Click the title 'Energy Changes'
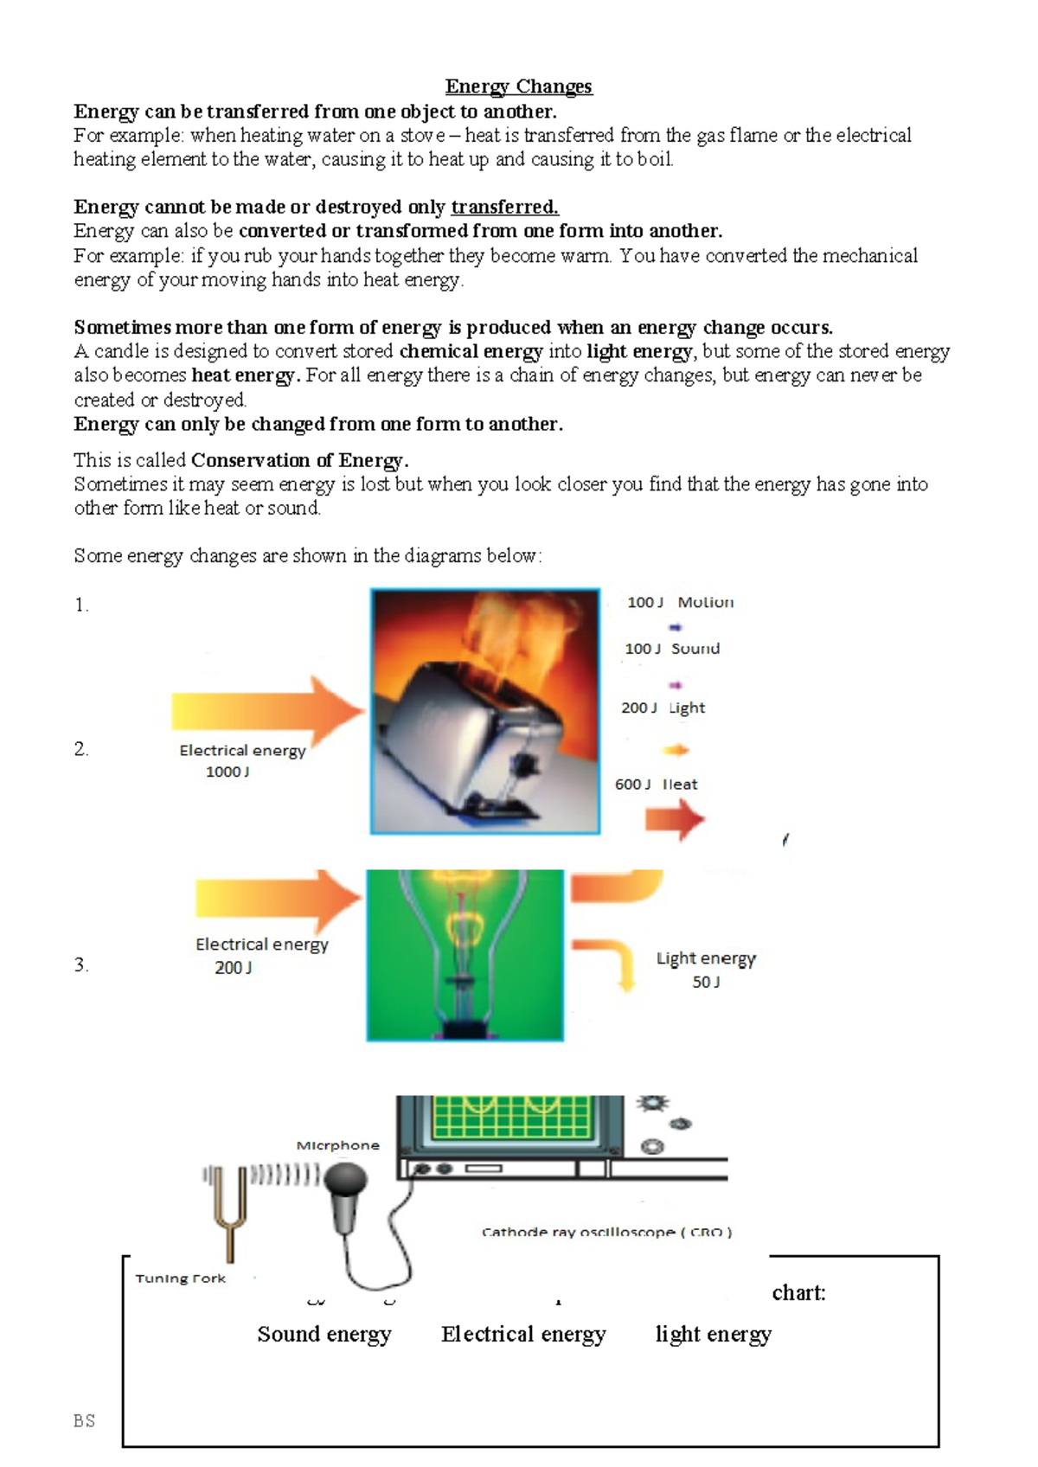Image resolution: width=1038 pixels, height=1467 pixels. click(518, 86)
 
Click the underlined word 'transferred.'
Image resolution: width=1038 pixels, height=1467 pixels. click(504, 208)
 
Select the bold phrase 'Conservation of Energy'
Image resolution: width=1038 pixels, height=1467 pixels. click(297, 460)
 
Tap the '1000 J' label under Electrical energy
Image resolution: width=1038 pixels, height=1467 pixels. click(227, 772)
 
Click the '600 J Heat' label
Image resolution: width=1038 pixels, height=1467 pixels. click(656, 785)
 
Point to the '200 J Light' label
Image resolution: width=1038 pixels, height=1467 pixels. click(663, 708)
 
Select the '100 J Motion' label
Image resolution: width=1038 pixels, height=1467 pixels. click(680, 602)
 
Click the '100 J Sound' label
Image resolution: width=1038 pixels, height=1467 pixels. click(672, 649)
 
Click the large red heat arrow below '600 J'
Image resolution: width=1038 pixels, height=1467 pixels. click(676, 819)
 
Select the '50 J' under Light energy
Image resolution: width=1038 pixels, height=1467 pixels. click(706, 983)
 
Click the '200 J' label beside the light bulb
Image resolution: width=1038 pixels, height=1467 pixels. click(234, 968)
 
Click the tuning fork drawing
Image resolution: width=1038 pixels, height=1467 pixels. click(227, 1211)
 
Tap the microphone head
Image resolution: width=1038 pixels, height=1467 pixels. click(347, 1179)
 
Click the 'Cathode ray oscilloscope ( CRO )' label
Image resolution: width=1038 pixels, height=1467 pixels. click(606, 1233)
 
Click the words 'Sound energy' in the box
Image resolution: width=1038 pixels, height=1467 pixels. click(324, 1335)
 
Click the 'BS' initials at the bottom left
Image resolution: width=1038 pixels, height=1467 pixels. click(84, 1421)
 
